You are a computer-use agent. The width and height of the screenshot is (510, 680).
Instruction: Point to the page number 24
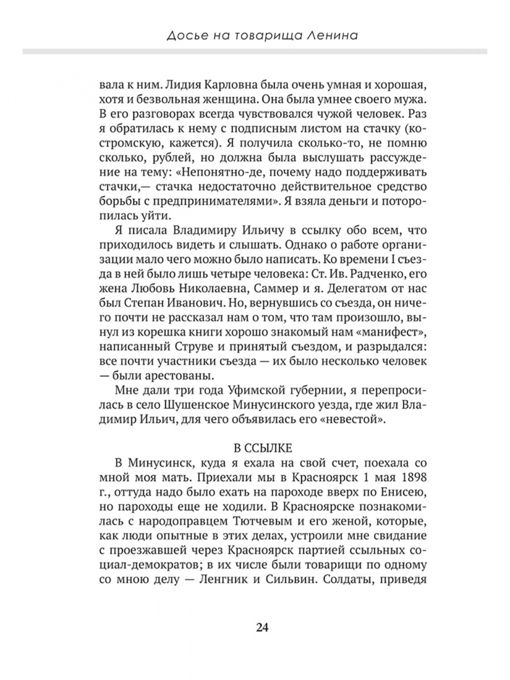pos(263,626)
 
